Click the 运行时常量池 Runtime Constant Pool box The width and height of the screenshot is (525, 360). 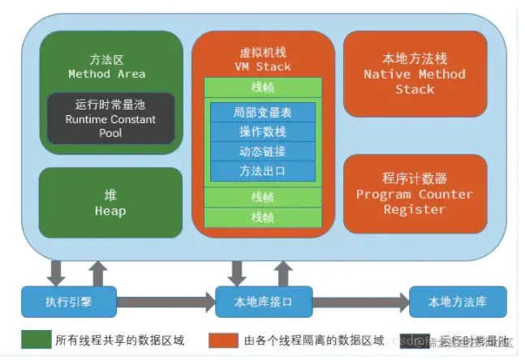(x=110, y=118)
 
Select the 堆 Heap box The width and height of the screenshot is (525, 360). (x=110, y=203)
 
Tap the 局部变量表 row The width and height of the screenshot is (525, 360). (x=262, y=113)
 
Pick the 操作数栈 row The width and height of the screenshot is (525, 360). (x=262, y=132)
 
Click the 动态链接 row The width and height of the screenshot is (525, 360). (x=262, y=152)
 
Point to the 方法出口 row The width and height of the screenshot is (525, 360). (x=262, y=171)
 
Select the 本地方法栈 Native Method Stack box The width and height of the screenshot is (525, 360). (x=415, y=74)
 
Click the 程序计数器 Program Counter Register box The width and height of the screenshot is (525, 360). (x=415, y=194)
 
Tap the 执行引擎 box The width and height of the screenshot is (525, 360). (x=69, y=302)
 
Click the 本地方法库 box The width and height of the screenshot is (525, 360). (x=458, y=302)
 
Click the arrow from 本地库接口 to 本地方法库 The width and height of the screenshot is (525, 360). (x=361, y=302)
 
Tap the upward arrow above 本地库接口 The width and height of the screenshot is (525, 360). (x=284, y=272)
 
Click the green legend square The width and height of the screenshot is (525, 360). (x=31, y=339)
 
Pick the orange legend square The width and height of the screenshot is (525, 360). (x=217, y=339)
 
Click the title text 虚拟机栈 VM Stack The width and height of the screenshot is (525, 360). (x=262, y=58)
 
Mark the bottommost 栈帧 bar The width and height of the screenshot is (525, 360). (x=262, y=217)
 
